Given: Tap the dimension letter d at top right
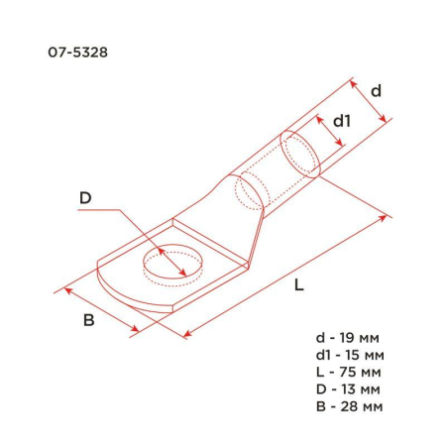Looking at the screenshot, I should (377, 90).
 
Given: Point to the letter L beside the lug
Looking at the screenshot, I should (299, 285).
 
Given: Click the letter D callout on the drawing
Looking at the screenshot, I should (85, 199).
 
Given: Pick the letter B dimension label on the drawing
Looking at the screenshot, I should (88, 320).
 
